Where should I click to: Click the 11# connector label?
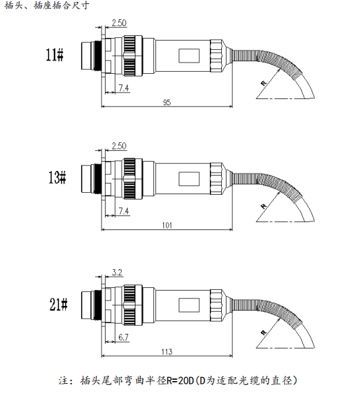pyautogui.click(x=54, y=55)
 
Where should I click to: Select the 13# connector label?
pyautogui.click(x=57, y=178)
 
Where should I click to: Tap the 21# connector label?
pyautogui.click(x=58, y=305)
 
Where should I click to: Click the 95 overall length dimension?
pyautogui.click(x=167, y=102)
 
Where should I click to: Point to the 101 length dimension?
pyautogui.click(x=167, y=225)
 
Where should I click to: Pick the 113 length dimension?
pyautogui.click(x=167, y=352)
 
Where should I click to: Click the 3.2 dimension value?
pyautogui.click(x=117, y=273)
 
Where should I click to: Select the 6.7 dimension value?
pyautogui.click(x=124, y=337)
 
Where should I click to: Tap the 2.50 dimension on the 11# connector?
pyautogui.click(x=120, y=23)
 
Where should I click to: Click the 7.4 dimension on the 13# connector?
pyautogui.click(x=124, y=211)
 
